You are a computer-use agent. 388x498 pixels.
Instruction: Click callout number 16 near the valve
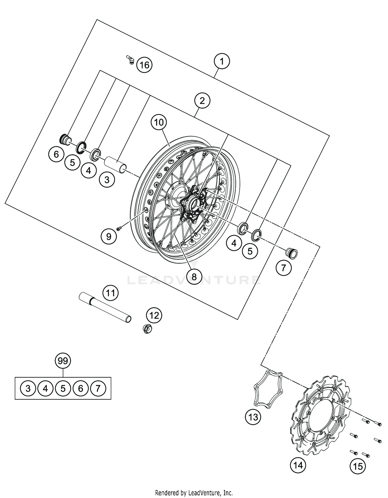[144, 65]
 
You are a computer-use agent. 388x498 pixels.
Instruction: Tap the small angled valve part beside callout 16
[130, 59]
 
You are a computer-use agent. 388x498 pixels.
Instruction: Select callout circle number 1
[222, 62]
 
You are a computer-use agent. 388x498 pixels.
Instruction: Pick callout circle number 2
[202, 101]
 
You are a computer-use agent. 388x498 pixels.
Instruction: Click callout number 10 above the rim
[159, 122]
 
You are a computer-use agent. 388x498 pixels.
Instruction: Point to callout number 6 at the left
[56, 154]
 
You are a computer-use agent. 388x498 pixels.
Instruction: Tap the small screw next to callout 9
[119, 228]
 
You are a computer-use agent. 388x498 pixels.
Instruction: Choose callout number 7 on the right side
[283, 268]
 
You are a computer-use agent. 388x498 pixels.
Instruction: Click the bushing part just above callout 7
[291, 253]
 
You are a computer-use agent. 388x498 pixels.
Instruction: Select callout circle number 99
[63, 360]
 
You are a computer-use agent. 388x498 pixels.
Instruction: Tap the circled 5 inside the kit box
[63, 388]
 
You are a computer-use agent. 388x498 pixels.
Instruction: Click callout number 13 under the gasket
[253, 417]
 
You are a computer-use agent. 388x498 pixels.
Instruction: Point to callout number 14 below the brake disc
[298, 465]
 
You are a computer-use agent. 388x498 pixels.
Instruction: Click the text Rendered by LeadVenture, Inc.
[194, 493]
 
